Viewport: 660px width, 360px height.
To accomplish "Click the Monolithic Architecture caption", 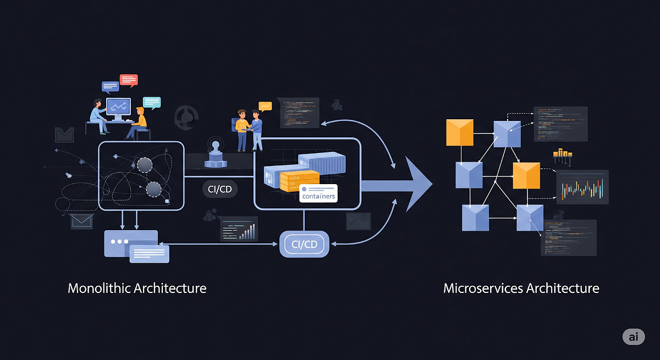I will [x=137, y=288].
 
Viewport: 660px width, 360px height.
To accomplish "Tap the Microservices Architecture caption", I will [x=521, y=288].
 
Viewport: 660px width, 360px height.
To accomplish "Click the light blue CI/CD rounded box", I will [x=304, y=244].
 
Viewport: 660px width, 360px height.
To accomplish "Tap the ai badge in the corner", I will [x=634, y=337].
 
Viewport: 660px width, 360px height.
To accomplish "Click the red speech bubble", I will [x=128, y=80].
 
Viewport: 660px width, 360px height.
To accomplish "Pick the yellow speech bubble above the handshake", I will [x=266, y=107].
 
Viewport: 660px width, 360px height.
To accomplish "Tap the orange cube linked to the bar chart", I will [x=526, y=175].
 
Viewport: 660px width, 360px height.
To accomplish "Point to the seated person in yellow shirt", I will [x=139, y=122].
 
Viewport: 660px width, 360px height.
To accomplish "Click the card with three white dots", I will [x=130, y=242].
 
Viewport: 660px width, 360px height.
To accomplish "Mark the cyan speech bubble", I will [x=152, y=102].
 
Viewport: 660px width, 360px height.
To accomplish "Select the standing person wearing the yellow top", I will [x=241, y=129].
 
